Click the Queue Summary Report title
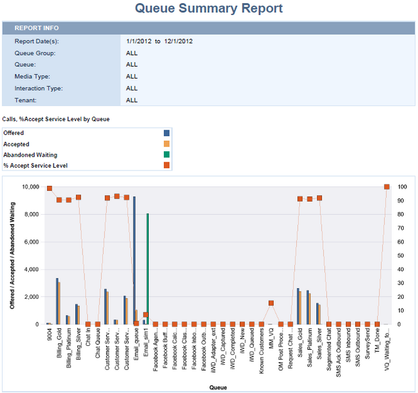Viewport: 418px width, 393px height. point(208,9)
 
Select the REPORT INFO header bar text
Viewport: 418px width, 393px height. point(37,28)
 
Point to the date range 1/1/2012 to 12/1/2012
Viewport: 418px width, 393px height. point(159,41)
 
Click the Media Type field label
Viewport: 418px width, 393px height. point(33,76)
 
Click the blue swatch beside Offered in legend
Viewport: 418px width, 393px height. point(166,133)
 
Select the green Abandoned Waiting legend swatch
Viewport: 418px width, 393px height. point(166,155)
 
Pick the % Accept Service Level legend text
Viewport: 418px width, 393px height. point(35,166)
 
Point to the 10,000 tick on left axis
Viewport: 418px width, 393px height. point(28,187)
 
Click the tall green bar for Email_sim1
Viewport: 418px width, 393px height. point(147,269)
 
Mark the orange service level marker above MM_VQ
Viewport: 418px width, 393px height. point(271,303)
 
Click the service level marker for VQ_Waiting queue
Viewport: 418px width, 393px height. point(387,187)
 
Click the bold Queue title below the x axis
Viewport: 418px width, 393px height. point(218,387)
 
